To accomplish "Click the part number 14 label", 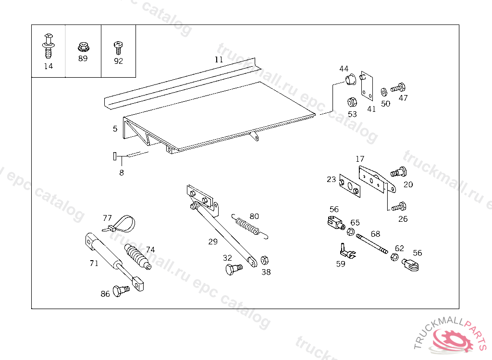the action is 48,66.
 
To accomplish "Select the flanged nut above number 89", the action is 83,47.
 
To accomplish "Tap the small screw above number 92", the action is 118,47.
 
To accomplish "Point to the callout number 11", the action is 219,60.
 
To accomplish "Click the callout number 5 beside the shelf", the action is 115,129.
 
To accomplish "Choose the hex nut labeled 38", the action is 264,261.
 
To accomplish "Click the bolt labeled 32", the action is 232,268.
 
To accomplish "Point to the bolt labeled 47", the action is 398,88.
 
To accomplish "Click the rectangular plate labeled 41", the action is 368,86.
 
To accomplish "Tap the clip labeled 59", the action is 346,251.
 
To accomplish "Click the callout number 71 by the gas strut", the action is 94,263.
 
